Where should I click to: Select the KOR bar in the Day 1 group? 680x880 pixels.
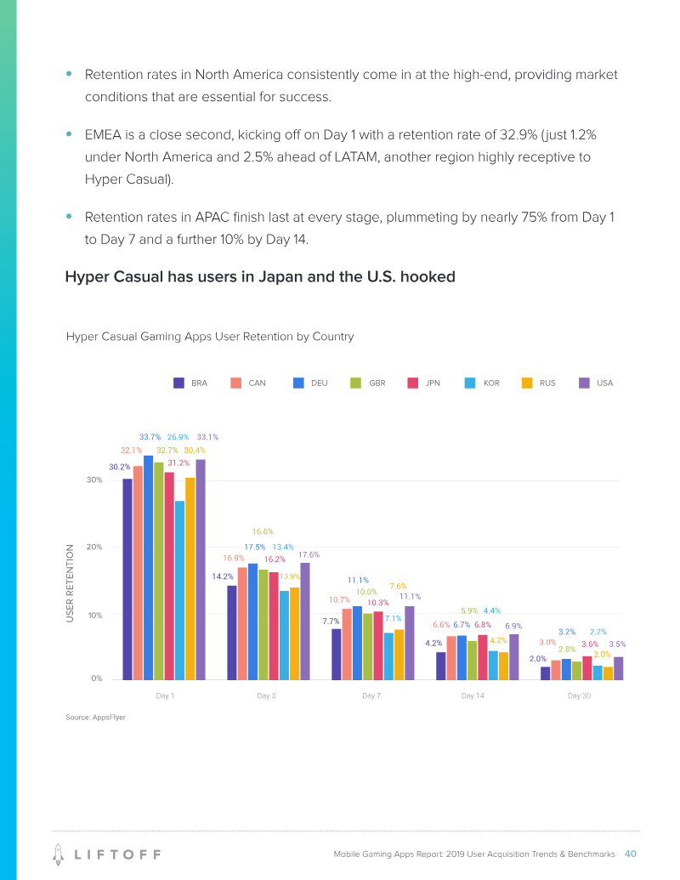point(179,590)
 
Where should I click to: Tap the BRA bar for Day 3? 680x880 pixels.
point(232,633)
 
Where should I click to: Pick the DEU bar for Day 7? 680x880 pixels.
point(357,643)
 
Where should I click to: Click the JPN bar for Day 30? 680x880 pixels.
point(586,667)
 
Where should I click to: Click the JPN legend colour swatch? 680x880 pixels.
point(414,383)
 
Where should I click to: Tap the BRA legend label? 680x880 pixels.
point(199,383)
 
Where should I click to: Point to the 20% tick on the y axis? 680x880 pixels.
point(95,547)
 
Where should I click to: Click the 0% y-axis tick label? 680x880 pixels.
point(97,678)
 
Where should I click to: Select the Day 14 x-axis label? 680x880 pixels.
point(473,696)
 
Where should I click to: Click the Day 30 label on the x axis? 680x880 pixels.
point(579,696)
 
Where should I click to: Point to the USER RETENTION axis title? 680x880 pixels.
point(71,582)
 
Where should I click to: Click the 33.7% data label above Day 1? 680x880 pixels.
point(150,437)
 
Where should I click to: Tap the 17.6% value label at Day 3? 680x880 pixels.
point(309,554)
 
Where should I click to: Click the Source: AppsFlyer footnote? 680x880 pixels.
point(95,718)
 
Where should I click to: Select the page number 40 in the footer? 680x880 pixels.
point(631,854)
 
